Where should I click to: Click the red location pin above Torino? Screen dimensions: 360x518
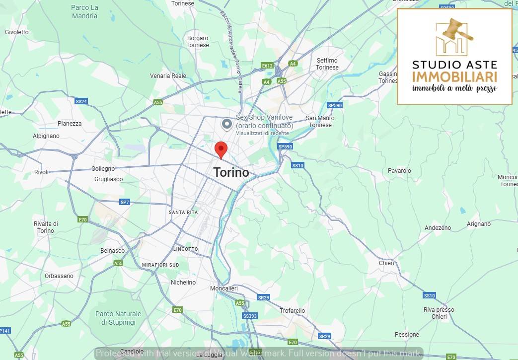pyautogui.click(x=221, y=149)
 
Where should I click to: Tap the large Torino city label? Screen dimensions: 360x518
pyautogui.click(x=231, y=172)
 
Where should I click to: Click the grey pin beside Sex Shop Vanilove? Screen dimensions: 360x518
pyautogui.click(x=227, y=124)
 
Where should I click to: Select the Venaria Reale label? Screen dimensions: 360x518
pyautogui.click(x=168, y=76)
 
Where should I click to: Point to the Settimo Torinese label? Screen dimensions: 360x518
pyautogui.click(x=327, y=64)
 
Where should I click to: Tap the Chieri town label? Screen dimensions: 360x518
pyautogui.click(x=386, y=263)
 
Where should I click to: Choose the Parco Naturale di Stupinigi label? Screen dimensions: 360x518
pyautogui.click(x=118, y=318)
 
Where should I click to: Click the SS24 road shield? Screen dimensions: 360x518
pyautogui.click(x=81, y=101)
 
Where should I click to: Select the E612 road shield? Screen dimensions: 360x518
pyautogui.click(x=267, y=66)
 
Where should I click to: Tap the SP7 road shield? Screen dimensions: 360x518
pyautogui.click(x=125, y=202)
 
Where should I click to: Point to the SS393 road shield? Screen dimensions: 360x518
pyautogui.click(x=250, y=316)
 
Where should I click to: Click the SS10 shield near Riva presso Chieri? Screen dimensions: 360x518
pyautogui.click(x=429, y=295)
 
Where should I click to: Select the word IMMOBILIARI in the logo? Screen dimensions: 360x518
pyautogui.click(x=454, y=77)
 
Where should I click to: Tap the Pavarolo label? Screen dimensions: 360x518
pyautogui.click(x=399, y=171)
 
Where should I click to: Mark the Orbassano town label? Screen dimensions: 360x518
pyautogui.click(x=59, y=276)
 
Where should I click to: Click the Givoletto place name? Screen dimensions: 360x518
pyautogui.click(x=17, y=32)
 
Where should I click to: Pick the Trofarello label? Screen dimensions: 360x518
pyautogui.click(x=292, y=311)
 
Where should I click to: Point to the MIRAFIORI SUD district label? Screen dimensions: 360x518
pyautogui.click(x=160, y=265)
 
